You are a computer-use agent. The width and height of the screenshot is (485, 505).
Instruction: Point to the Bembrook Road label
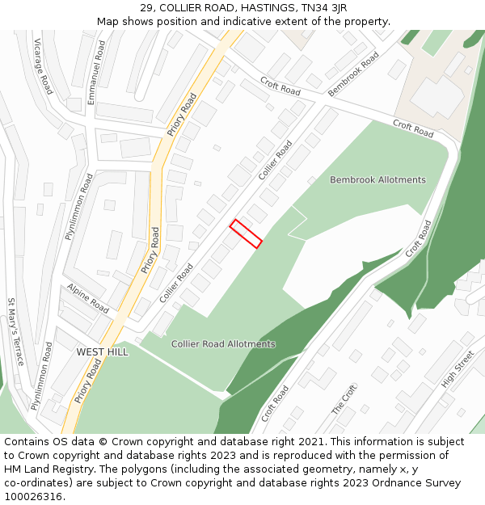[354, 74]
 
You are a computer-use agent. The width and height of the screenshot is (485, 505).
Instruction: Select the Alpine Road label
[88, 299]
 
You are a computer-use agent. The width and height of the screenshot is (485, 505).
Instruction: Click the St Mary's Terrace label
[15, 332]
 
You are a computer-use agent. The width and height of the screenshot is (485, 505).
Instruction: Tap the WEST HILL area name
[102, 352]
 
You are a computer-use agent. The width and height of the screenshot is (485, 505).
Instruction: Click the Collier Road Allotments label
[223, 344]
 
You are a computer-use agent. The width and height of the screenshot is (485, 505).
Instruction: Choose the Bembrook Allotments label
[377, 180]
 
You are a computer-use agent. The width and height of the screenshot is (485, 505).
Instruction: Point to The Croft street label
[344, 400]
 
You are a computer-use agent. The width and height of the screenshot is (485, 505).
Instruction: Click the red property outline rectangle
[246, 234]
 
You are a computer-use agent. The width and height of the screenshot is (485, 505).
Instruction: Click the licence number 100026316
[33, 497]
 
